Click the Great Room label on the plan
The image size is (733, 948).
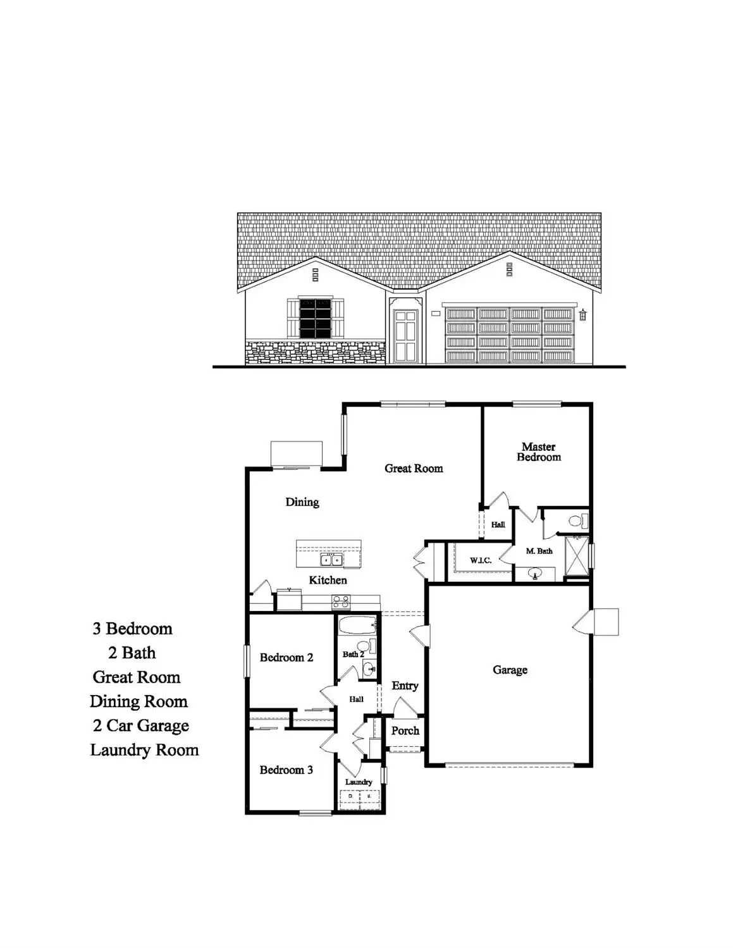pos(414,469)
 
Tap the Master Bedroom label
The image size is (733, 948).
pos(539,452)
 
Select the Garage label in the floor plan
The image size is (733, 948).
pos(510,670)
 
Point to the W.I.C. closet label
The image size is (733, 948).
pos(481,560)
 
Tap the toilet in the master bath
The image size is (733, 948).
pos(577,522)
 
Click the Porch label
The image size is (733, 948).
pos(405,730)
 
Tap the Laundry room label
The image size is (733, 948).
pos(359,782)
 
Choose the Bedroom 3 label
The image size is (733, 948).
pos(286,770)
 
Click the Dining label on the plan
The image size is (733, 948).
pos(302,502)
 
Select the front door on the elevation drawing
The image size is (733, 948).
pos(405,335)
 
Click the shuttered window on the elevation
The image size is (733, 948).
pos(316,317)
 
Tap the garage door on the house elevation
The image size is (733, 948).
pos(509,335)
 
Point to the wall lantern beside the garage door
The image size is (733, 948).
pos(583,314)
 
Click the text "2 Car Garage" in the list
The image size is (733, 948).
pos(141,725)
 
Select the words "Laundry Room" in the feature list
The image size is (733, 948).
pos(144,750)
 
